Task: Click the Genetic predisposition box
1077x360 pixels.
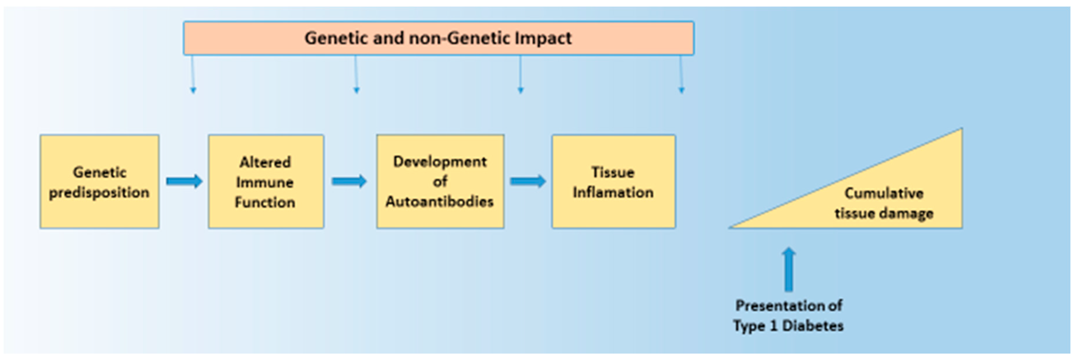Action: tap(99, 182)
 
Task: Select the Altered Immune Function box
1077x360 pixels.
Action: tap(266, 182)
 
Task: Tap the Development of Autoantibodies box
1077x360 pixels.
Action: tap(440, 182)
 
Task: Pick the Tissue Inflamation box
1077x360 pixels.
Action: tap(613, 182)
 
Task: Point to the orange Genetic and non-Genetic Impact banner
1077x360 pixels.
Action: tap(439, 38)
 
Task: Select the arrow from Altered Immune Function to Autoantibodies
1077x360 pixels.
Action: tap(349, 182)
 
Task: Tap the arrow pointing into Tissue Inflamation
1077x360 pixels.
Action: tap(528, 182)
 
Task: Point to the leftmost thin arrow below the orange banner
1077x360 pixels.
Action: tap(192, 74)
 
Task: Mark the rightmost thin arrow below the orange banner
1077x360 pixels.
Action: tap(681, 74)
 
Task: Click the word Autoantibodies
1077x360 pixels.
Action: tap(439, 201)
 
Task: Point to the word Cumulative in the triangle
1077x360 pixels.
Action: tap(884, 193)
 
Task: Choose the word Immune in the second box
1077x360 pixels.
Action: tap(265, 182)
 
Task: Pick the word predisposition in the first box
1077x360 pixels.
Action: tap(99, 193)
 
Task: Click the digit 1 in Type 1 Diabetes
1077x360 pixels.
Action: tap(773, 326)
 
